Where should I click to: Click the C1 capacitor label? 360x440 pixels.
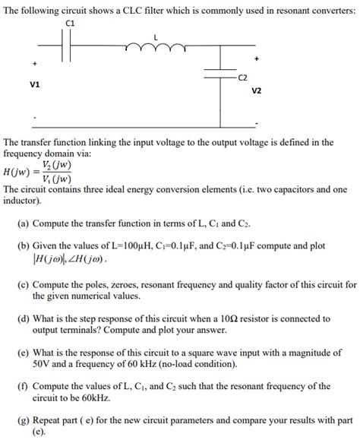(71, 24)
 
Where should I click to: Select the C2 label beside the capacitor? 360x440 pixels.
(243, 78)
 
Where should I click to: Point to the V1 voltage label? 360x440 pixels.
(35, 84)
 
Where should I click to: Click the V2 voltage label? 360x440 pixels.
(256, 90)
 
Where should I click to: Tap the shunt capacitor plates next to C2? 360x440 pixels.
(222, 74)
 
